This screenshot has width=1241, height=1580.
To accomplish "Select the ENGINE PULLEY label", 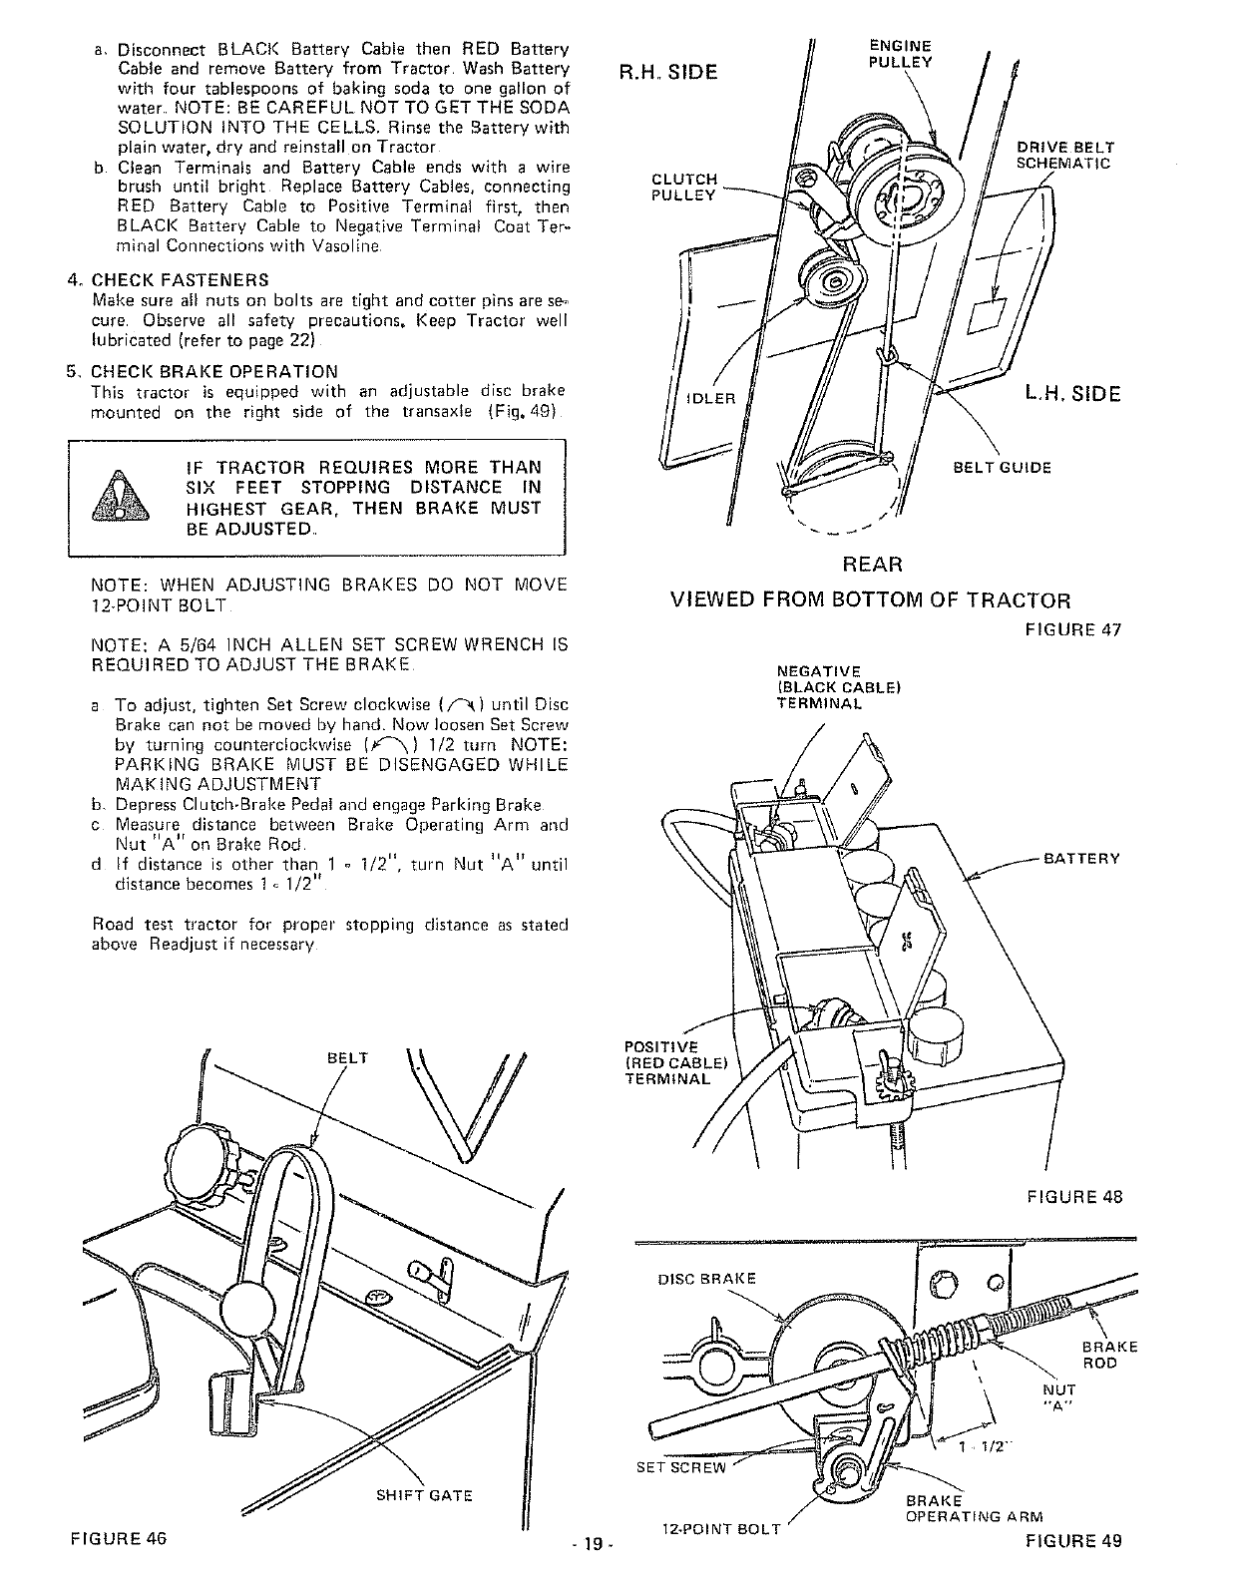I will click(x=900, y=54).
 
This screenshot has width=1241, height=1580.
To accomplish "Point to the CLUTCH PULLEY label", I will click(x=683, y=188).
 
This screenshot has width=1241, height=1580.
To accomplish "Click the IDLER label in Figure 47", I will click(x=710, y=400).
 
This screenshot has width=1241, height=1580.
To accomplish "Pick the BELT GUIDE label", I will click(x=1003, y=468).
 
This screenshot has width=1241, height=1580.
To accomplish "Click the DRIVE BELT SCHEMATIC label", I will click(x=1064, y=157).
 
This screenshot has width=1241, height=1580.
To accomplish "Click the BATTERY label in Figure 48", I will click(x=1081, y=858).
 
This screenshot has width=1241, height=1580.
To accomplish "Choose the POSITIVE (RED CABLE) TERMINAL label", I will click(x=665, y=1062).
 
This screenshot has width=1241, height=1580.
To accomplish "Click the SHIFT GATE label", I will click(x=424, y=1495).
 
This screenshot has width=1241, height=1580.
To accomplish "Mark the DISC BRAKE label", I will click(x=707, y=1279).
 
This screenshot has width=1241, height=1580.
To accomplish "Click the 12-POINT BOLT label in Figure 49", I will click(x=720, y=1557).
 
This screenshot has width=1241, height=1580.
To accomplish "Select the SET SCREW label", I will click(x=682, y=1467).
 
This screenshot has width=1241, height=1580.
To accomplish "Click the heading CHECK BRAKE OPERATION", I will click(x=214, y=372).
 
